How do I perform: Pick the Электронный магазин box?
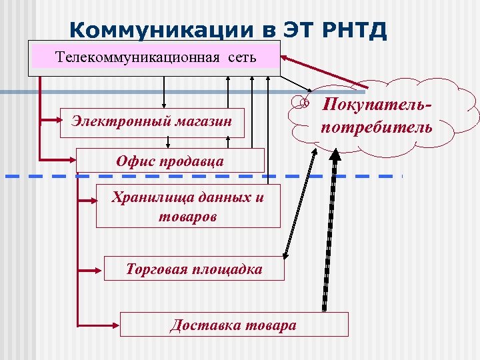click(152, 122)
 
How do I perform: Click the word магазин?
click(201, 121)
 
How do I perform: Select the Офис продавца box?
click(171, 161)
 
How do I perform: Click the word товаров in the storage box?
click(188, 216)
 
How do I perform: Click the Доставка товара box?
click(233, 325)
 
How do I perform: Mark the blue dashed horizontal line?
click(200, 176)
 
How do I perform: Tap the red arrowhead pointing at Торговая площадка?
click(101, 269)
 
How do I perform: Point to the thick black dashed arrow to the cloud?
click(327, 233)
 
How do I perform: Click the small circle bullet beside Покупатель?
click(305, 103)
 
